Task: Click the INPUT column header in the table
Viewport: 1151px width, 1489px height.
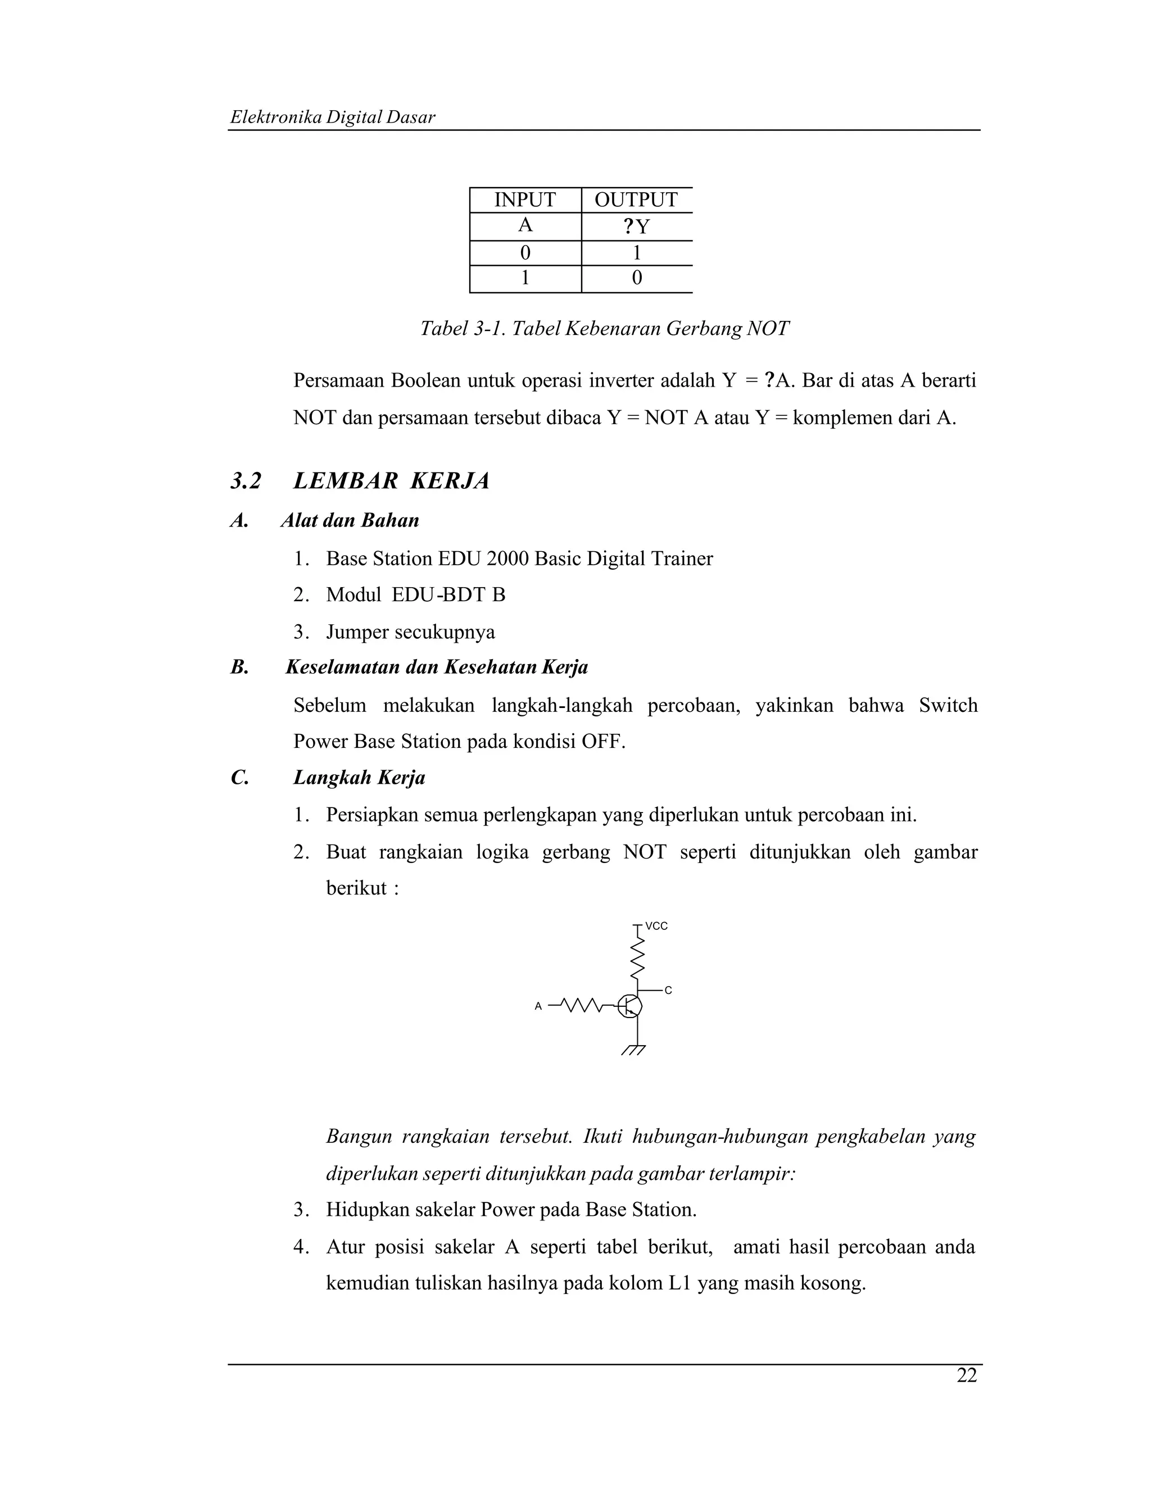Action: pos(524,200)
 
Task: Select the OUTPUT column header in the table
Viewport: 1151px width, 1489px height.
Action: pos(636,200)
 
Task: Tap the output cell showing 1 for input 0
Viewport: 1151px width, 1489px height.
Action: pos(636,253)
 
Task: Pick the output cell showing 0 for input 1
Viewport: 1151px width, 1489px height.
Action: pos(636,278)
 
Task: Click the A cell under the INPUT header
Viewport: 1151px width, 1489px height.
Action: pos(524,226)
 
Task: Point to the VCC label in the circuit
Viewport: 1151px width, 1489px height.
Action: pos(656,926)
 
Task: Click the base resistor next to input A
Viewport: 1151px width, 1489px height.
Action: pos(582,1005)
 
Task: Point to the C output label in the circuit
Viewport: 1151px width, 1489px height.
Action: pos(668,990)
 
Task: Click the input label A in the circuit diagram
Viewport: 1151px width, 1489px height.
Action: pos(538,1006)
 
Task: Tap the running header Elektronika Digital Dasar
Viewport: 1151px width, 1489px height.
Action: pos(332,117)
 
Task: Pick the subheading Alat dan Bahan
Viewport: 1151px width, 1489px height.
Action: pos(349,521)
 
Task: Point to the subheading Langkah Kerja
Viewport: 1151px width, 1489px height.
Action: pos(359,777)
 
